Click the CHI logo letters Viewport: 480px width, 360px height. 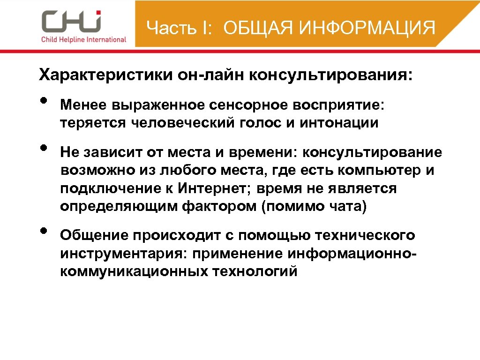[71, 22]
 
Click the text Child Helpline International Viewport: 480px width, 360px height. [83, 39]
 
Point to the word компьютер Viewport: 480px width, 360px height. [377, 171]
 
